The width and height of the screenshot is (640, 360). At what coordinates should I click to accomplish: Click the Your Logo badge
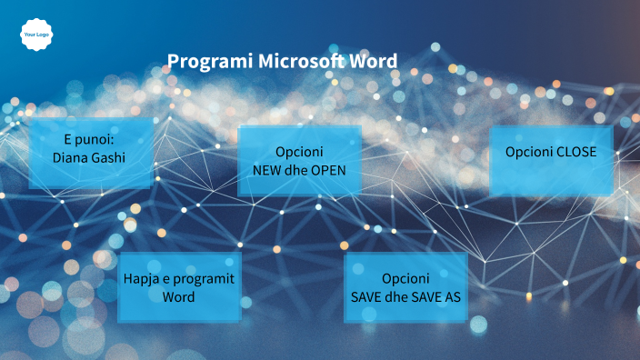pos(35,34)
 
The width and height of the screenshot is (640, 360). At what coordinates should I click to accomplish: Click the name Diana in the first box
pos(72,157)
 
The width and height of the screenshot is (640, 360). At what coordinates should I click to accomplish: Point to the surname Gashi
pos(110,157)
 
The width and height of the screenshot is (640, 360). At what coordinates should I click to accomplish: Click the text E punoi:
pos(90,140)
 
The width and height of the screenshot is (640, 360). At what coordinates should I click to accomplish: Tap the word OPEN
pos(328,169)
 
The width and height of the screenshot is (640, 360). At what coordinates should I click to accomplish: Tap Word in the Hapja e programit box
pos(179,297)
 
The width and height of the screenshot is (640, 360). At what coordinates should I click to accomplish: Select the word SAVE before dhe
pos(369,296)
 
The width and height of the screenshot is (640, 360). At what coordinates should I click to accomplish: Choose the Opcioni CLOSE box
pos(551,160)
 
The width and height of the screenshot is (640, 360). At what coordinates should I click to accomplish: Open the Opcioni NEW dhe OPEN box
pos(299,160)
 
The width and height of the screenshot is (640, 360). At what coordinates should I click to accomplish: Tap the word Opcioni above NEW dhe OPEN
pos(299,152)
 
